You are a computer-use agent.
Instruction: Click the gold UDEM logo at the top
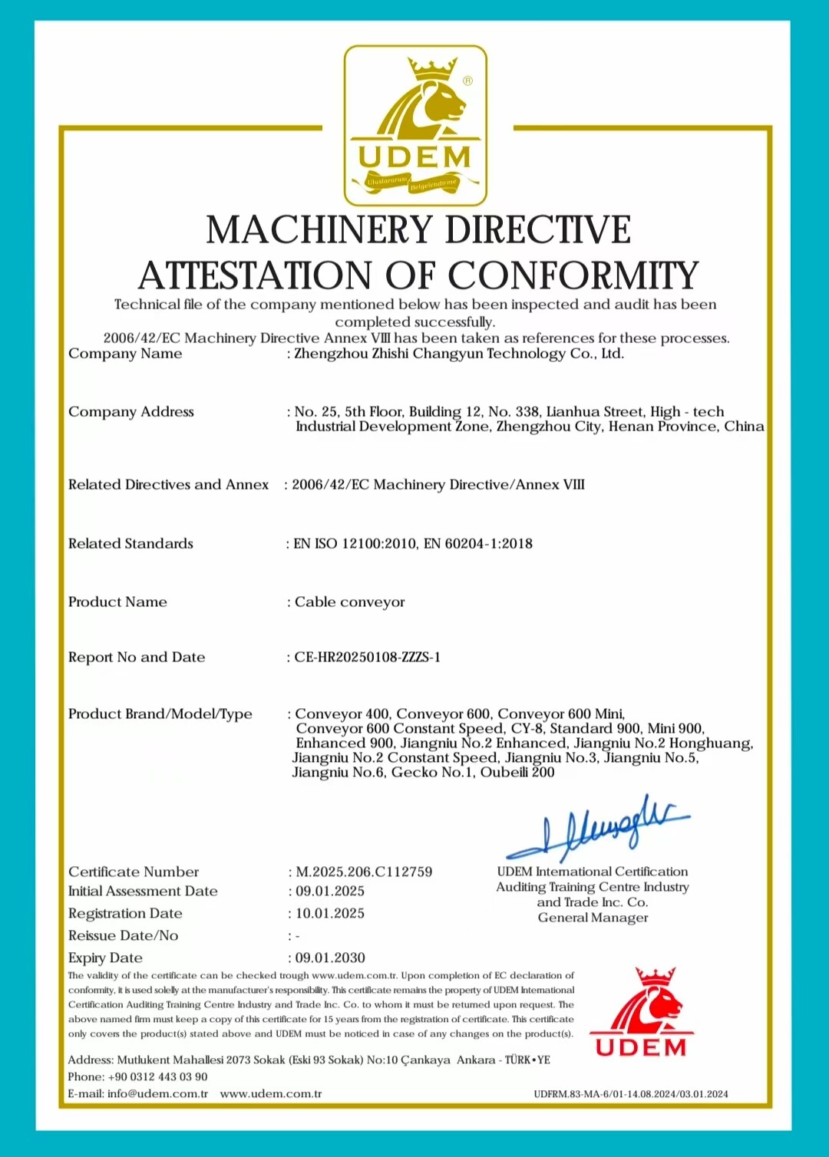(x=415, y=125)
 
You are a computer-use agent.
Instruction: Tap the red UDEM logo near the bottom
(x=641, y=1013)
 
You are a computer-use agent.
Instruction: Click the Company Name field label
(x=125, y=354)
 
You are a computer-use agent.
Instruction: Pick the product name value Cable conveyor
(x=349, y=602)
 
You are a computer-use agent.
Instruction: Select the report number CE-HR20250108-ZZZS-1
(x=367, y=658)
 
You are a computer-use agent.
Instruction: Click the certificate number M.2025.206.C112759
(x=364, y=872)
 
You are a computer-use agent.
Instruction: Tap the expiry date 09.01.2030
(x=330, y=958)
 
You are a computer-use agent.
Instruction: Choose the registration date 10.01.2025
(x=330, y=913)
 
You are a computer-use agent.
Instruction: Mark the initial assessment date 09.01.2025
(x=330, y=891)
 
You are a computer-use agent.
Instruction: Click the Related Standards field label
(x=130, y=544)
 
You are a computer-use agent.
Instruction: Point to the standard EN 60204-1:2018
(x=478, y=544)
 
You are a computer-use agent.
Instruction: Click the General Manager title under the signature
(x=593, y=918)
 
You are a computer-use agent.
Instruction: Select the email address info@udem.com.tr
(x=157, y=1093)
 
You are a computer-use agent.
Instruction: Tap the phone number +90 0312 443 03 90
(x=157, y=1076)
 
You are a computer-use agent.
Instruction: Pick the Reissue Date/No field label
(x=123, y=935)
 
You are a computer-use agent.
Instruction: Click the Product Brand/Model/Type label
(x=160, y=714)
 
